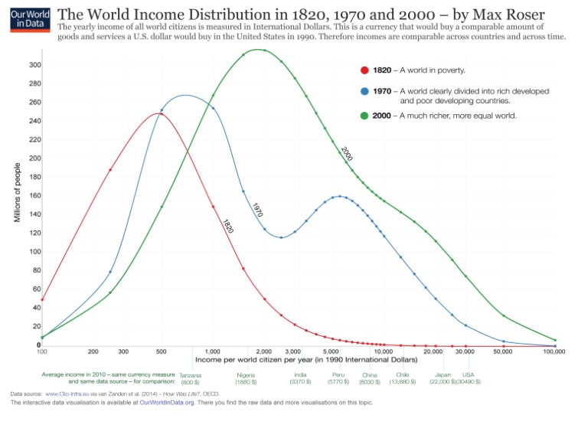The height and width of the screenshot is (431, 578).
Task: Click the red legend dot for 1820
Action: [x=364, y=71]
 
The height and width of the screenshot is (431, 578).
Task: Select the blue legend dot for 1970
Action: [x=364, y=92]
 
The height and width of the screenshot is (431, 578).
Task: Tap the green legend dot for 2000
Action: [x=364, y=116]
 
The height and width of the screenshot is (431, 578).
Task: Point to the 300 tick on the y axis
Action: [x=34, y=64]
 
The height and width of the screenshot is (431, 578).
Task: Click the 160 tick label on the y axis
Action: [x=34, y=195]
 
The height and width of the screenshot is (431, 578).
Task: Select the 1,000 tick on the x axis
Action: [x=212, y=351]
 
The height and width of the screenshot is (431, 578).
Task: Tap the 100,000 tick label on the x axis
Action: [x=554, y=351]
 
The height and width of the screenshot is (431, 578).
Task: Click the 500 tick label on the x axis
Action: [x=161, y=351]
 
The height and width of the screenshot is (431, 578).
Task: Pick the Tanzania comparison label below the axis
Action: [x=190, y=377]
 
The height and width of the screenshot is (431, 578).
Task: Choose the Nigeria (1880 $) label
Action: [x=246, y=377]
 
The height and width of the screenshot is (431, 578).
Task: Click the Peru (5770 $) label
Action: [x=338, y=377]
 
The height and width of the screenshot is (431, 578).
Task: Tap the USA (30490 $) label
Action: [x=469, y=377]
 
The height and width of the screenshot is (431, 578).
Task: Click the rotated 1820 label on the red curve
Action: [x=227, y=226]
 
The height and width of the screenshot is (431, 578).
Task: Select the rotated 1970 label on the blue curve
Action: [x=258, y=209]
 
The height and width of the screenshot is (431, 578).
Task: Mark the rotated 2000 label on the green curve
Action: [x=346, y=153]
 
